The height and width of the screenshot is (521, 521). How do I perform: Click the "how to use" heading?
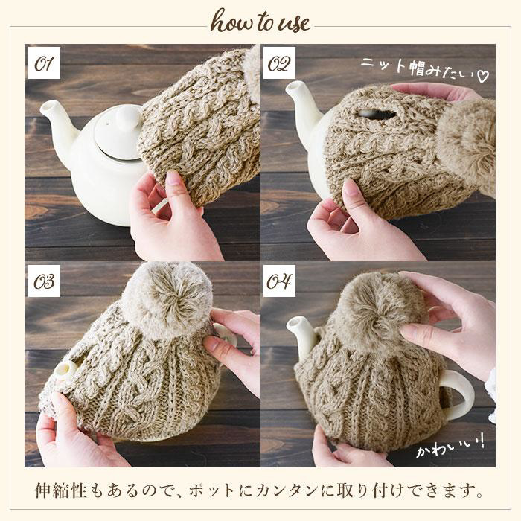(260, 21)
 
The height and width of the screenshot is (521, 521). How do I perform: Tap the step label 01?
(44, 63)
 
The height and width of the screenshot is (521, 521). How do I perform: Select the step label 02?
(279, 63)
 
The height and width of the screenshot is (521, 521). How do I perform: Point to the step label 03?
(44, 281)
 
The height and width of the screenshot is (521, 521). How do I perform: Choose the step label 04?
(279, 281)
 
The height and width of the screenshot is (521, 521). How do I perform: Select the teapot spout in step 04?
(303, 337)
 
